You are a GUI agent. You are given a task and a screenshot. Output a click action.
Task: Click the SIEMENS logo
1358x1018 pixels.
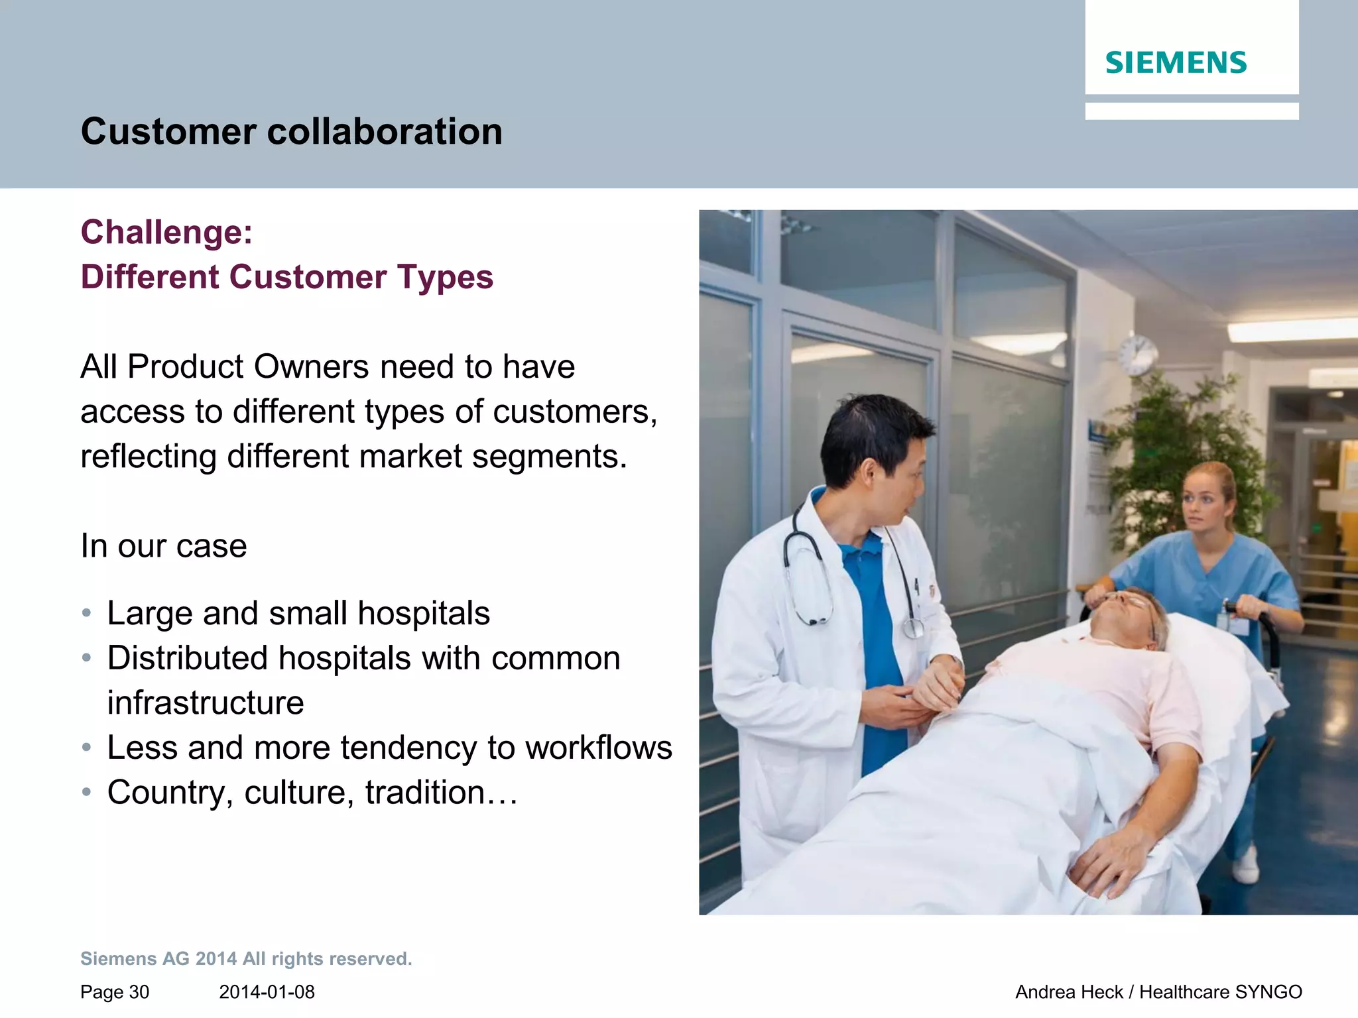point(1176,63)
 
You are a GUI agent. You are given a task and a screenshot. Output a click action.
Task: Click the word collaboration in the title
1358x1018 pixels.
point(385,131)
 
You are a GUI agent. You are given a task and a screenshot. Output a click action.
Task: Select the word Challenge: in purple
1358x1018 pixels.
point(166,233)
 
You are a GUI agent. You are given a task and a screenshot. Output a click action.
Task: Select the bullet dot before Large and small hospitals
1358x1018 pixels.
point(86,612)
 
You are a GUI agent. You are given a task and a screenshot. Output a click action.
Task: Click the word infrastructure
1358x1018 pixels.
point(206,703)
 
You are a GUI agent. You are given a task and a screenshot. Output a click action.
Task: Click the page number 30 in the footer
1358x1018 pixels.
point(139,992)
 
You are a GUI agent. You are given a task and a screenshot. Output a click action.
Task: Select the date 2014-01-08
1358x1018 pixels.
point(267,992)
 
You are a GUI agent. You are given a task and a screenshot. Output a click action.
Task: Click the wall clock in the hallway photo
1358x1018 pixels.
point(1138,354)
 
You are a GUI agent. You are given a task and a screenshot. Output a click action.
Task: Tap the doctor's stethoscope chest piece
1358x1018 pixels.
point(913,627)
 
